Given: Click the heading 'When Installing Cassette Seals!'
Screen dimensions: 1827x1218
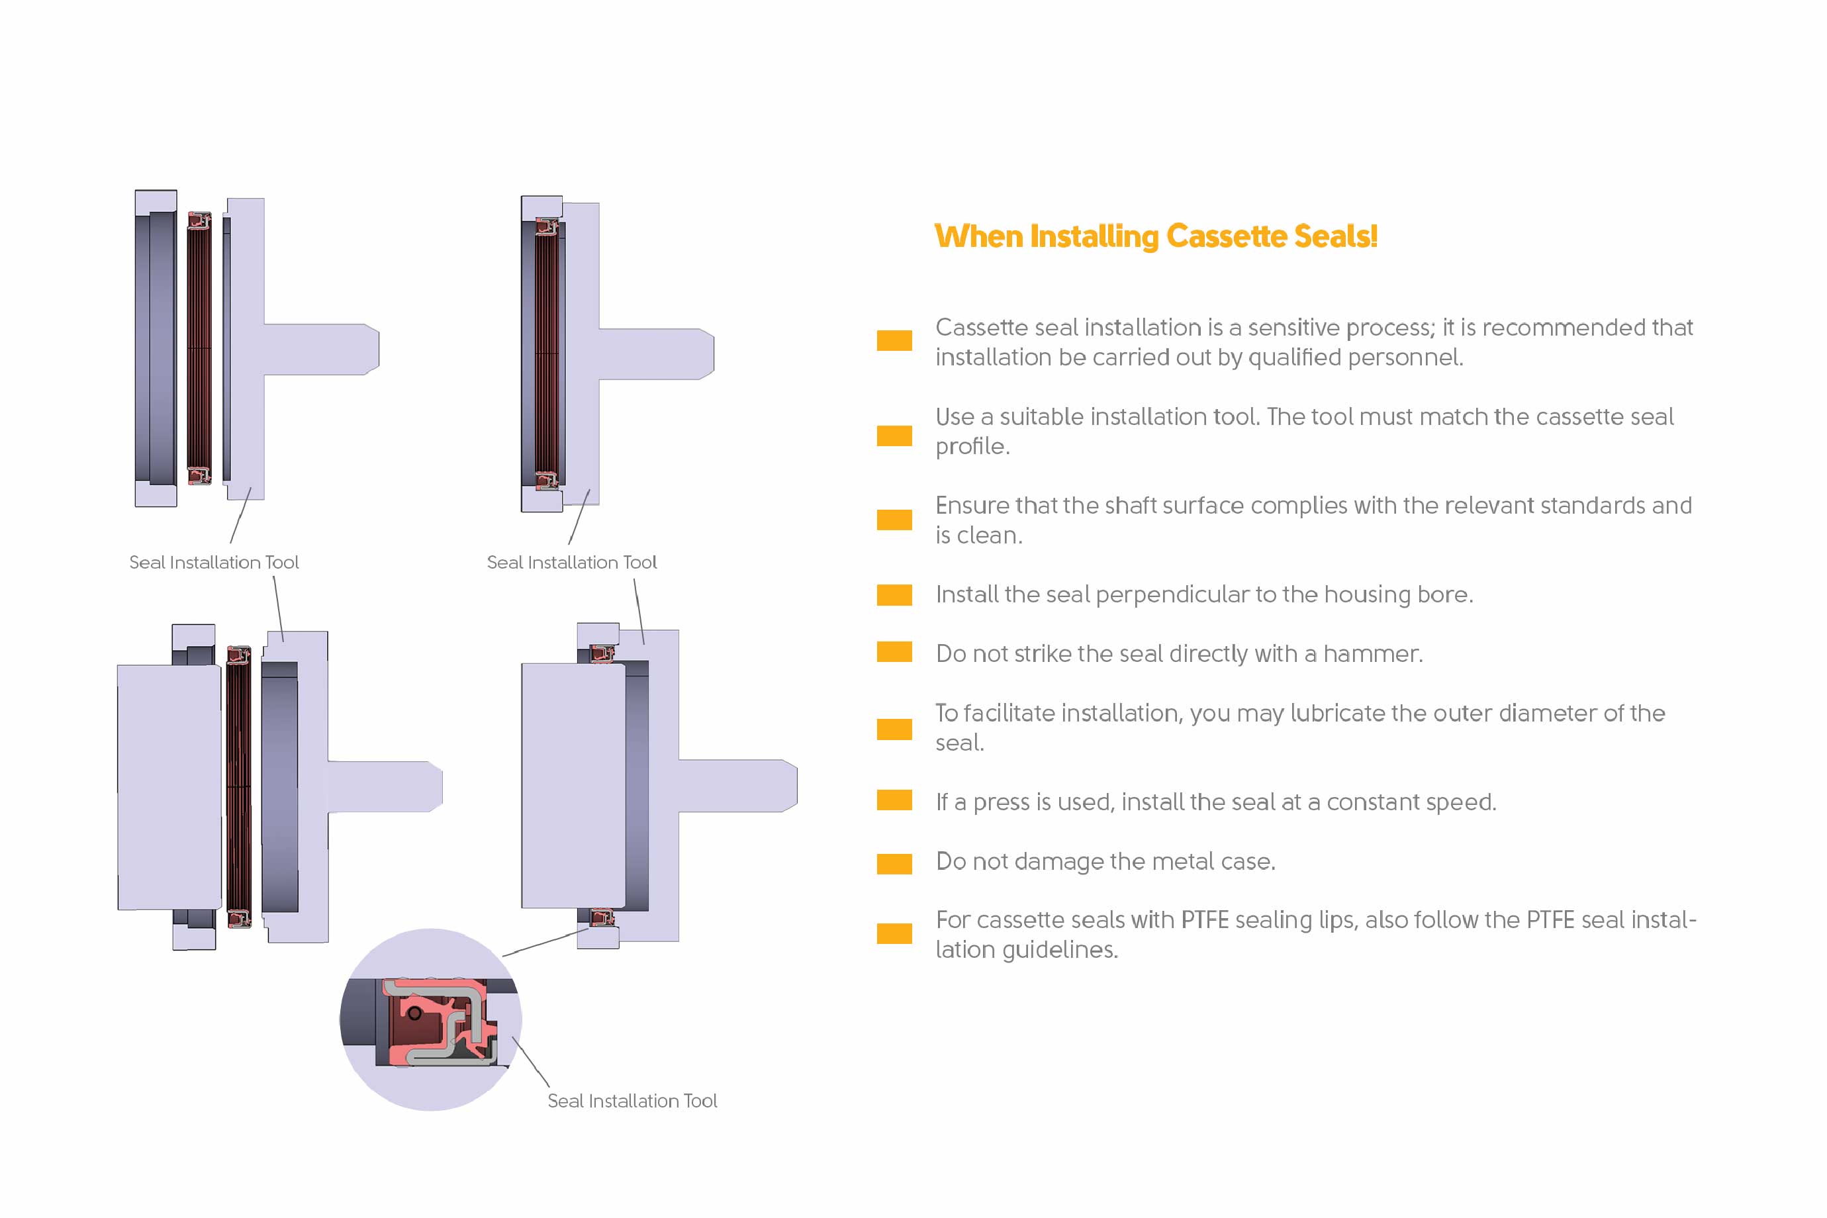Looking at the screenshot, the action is click(1156, 236).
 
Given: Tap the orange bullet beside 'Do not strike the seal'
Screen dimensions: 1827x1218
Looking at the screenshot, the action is click(894, 652).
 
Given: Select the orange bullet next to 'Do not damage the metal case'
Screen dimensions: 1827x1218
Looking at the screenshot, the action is click(894, 864).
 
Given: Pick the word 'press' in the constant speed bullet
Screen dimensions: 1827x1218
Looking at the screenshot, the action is click(1005, 802).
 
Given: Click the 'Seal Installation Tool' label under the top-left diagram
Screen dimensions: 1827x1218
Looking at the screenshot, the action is click(214, 563).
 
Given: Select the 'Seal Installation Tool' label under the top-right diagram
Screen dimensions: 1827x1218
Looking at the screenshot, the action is click(572, 563).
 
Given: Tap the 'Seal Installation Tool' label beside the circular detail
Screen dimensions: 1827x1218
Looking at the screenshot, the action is click(632, 1101).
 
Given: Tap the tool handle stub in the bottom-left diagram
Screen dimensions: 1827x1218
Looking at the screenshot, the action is click(385, 787).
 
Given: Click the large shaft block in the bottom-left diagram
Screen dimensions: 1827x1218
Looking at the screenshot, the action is click(169, 787).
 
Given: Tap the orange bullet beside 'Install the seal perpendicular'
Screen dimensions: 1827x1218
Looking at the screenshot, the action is click(894, 594).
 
